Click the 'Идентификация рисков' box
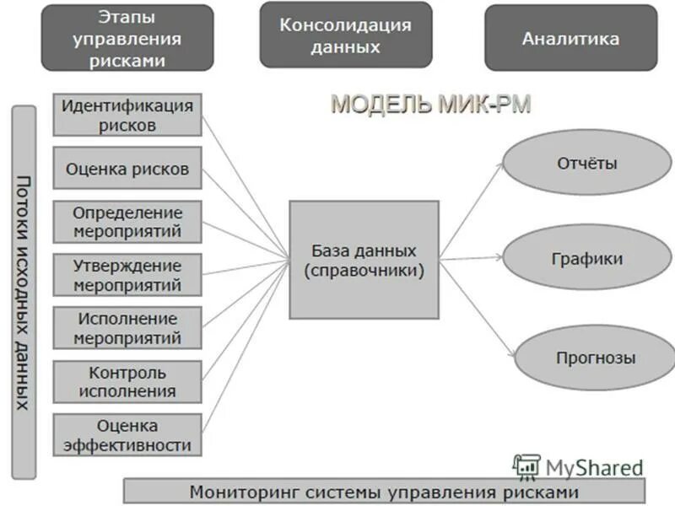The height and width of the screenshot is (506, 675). [127, 115]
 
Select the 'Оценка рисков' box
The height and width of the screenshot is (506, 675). [127, 169]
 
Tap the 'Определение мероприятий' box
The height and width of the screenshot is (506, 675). [127, 222]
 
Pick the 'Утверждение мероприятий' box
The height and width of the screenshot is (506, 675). [127, 275]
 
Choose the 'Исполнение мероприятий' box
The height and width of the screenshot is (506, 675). [127, 328]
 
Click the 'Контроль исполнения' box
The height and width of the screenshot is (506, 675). [127, 381]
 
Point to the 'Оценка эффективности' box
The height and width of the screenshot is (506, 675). [127, 434]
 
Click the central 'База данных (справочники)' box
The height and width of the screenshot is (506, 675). [364, 260]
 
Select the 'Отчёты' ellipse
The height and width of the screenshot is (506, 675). [586, 163]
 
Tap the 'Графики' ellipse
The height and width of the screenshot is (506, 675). [586, 258]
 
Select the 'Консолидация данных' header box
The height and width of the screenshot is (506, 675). [345, 35]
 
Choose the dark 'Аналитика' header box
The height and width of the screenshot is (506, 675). [570, 38]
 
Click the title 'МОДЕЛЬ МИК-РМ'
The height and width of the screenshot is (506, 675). [430, 105]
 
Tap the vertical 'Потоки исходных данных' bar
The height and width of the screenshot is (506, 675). [24, 292]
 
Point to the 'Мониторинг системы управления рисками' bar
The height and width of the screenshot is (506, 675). [384, 491]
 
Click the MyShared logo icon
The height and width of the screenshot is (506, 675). [526, 467]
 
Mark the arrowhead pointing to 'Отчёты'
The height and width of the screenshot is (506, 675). [501, 166]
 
